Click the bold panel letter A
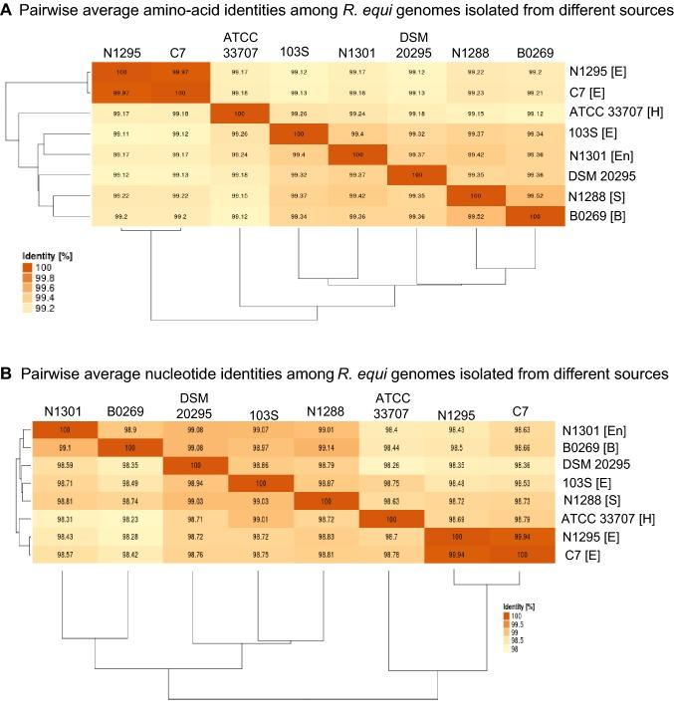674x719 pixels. point(9,11)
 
